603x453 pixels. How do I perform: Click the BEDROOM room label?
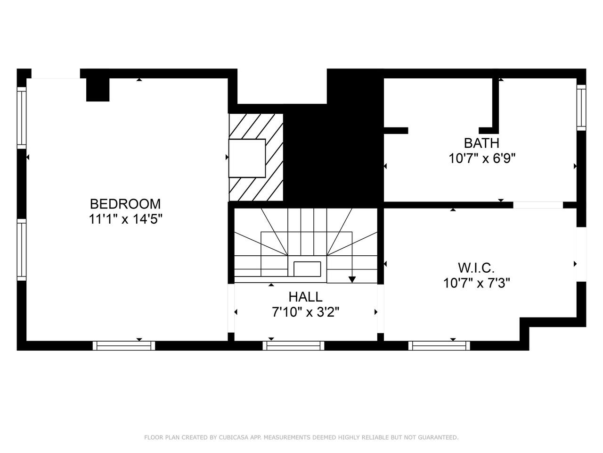pos(125,204)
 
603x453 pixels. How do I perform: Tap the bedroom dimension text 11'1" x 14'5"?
pos(125,219)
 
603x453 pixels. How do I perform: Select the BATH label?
pos(481,143)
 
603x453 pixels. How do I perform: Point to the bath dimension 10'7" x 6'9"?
pos(482,159)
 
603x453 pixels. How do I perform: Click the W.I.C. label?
pos(476,268)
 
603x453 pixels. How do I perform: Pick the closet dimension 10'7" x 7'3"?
pos(477,283)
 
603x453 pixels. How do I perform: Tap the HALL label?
pos(305,297)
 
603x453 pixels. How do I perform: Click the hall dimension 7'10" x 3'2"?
pos(305,312)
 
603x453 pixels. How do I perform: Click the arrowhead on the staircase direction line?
pos(352,279)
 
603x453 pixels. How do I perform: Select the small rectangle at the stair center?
pos(307,268)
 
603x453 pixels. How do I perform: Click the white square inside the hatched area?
pos(247,158)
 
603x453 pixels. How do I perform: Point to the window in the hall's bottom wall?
pos(293,346)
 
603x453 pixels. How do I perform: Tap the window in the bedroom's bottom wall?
pos(123,346)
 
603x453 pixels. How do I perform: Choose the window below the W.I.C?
pos(439,346)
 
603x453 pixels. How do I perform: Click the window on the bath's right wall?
pos(581,108)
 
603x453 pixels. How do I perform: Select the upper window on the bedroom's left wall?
pos(22,118)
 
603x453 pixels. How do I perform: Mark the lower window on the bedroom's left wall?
pos(22,250)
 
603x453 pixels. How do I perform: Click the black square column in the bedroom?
pos(98,90)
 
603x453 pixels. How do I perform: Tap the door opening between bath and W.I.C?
pos(538,205)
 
